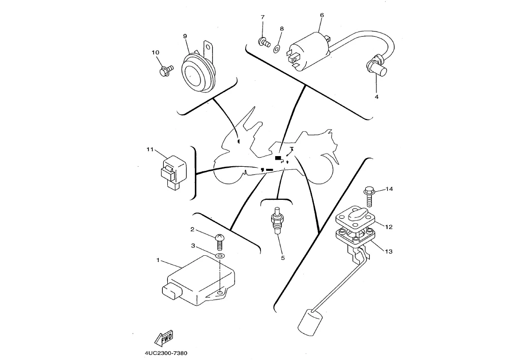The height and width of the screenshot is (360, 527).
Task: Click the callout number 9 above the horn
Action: [185, 36]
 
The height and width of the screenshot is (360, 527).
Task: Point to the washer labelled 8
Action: [277, 49]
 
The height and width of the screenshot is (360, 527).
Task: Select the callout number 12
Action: [388, 227]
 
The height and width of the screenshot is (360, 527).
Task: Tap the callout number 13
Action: [388, 251]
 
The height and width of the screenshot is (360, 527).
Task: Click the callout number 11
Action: [150, 149]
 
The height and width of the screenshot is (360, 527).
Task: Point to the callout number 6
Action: [321, 15]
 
